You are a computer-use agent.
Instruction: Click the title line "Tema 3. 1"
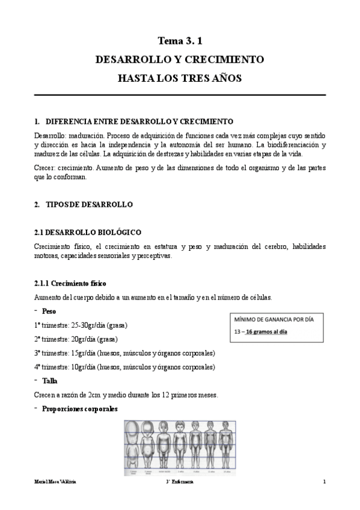[180, 41]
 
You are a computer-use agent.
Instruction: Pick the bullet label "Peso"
[49, 311]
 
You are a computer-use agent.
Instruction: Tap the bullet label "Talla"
[49, 381]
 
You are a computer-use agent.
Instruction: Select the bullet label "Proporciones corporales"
[79, 409]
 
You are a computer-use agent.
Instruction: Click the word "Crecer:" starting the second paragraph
[46, 169]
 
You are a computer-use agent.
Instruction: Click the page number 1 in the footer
[324, 482]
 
